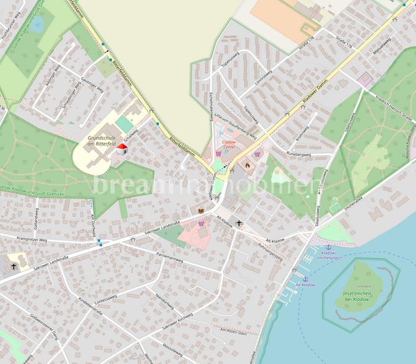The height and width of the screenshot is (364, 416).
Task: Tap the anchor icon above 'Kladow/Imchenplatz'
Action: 329,247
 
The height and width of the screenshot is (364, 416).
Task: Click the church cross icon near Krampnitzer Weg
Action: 14,266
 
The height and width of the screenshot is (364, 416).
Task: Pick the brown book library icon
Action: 201,211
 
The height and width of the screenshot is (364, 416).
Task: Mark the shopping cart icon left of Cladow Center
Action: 217,154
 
